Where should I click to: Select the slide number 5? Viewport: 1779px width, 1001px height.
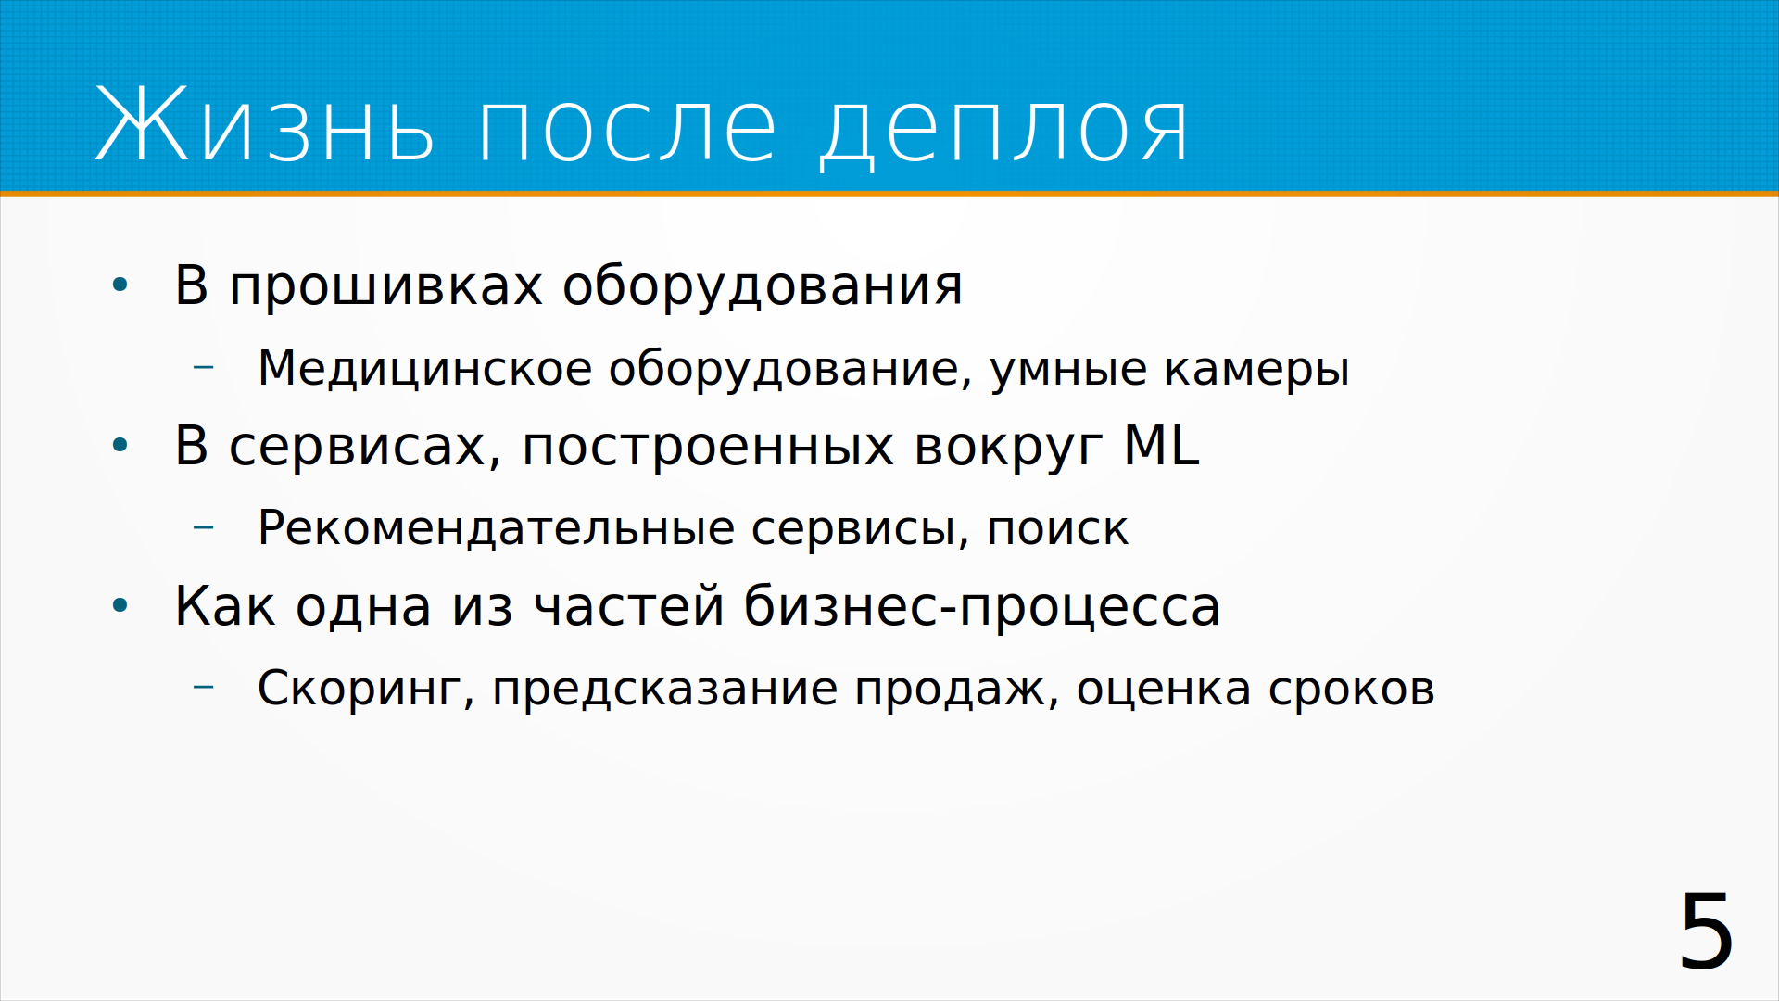tap(1706, 931)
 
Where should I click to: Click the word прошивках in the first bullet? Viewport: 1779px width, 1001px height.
tap(385, 286)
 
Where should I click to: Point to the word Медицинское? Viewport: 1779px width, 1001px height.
tap(424, 369)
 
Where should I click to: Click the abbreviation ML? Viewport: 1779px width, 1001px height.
tap(1161, 445)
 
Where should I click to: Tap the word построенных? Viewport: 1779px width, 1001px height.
tap(708, 448)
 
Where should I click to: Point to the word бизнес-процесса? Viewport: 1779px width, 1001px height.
tap(982, 607)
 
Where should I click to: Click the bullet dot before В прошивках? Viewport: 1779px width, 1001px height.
tap(120, 285)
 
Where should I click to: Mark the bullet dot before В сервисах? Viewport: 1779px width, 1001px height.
tap(120, 446)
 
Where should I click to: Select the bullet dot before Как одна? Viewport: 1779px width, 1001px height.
tap(120, 606)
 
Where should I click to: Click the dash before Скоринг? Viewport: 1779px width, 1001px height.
tap(204, 687)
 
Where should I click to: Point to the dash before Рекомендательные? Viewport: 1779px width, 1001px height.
tap(204, 527)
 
